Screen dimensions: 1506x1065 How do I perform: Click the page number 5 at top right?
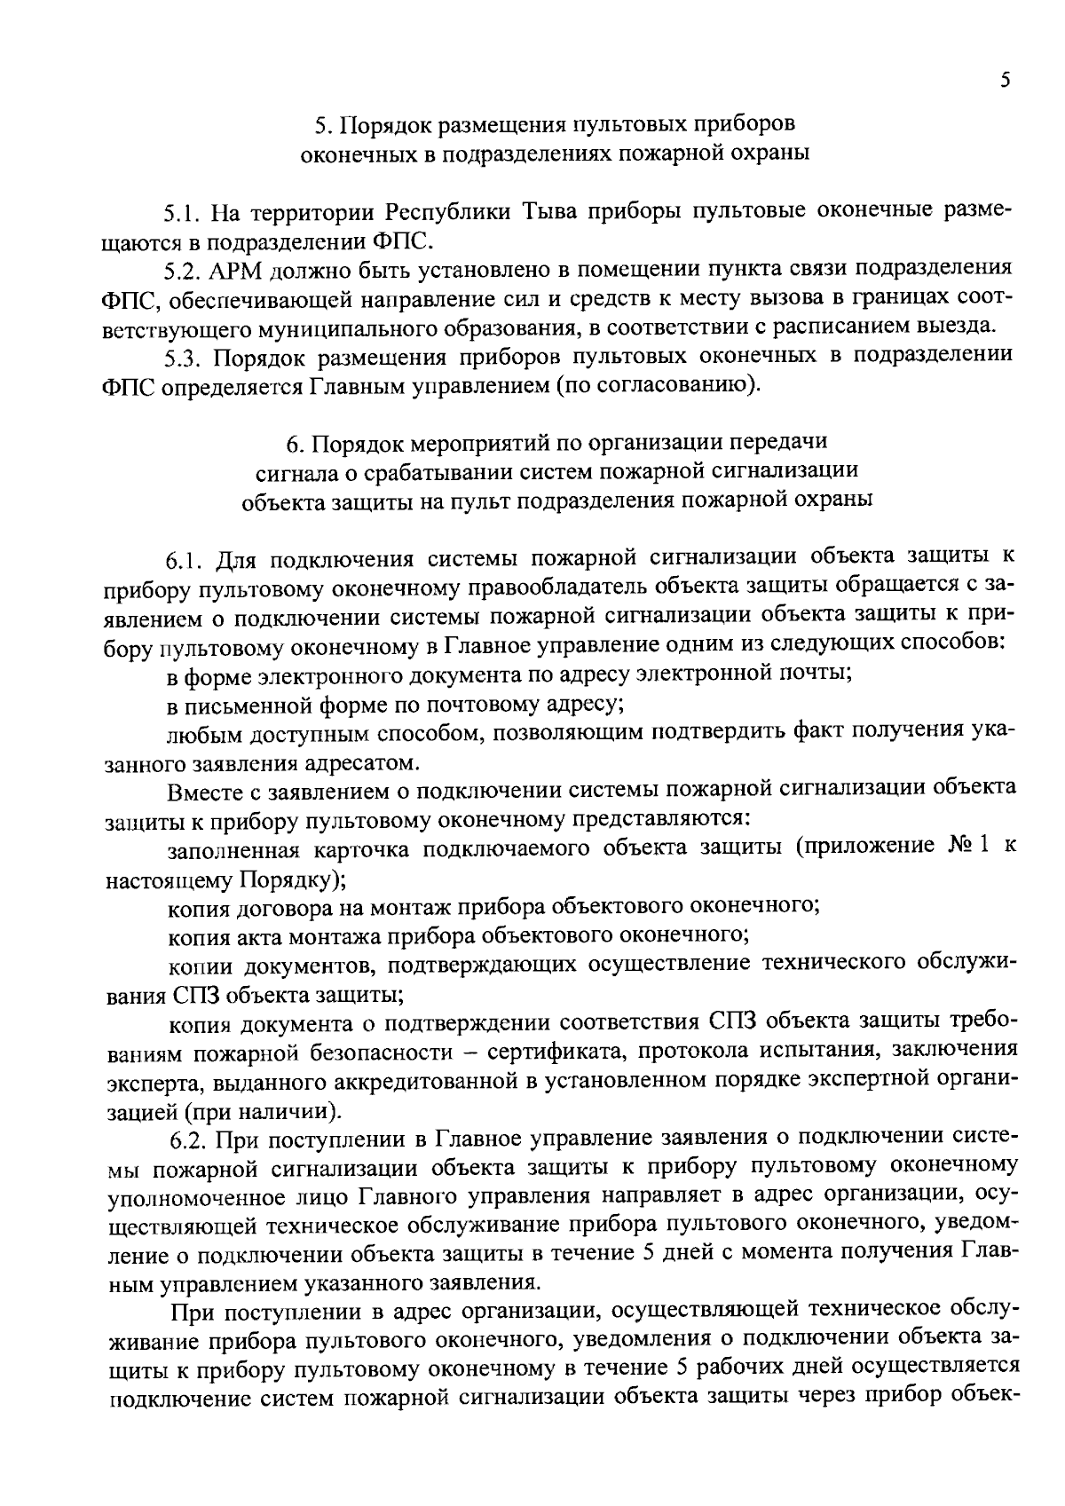pyautogui.click(x=1005, y=81)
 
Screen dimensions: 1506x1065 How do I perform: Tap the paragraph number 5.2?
pyautogui.click(x=185, y=270)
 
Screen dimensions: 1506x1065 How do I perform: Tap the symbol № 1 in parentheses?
pyautogui.click(x=960, y=848)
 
